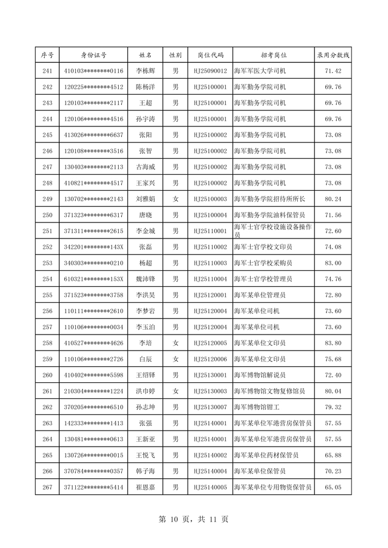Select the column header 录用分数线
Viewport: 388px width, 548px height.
point(333,55)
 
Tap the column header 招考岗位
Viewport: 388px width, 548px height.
point(274,55)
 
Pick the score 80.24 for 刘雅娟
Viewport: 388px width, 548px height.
point(333,199)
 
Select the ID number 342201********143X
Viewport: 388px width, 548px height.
point(94,247)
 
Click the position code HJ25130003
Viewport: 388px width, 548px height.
point(211,391)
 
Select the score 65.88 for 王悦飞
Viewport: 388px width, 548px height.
point(333,455)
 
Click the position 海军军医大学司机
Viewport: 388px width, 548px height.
point(260,71)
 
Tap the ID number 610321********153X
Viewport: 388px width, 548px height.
point(94,279)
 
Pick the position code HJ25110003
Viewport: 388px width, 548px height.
point(211,263)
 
